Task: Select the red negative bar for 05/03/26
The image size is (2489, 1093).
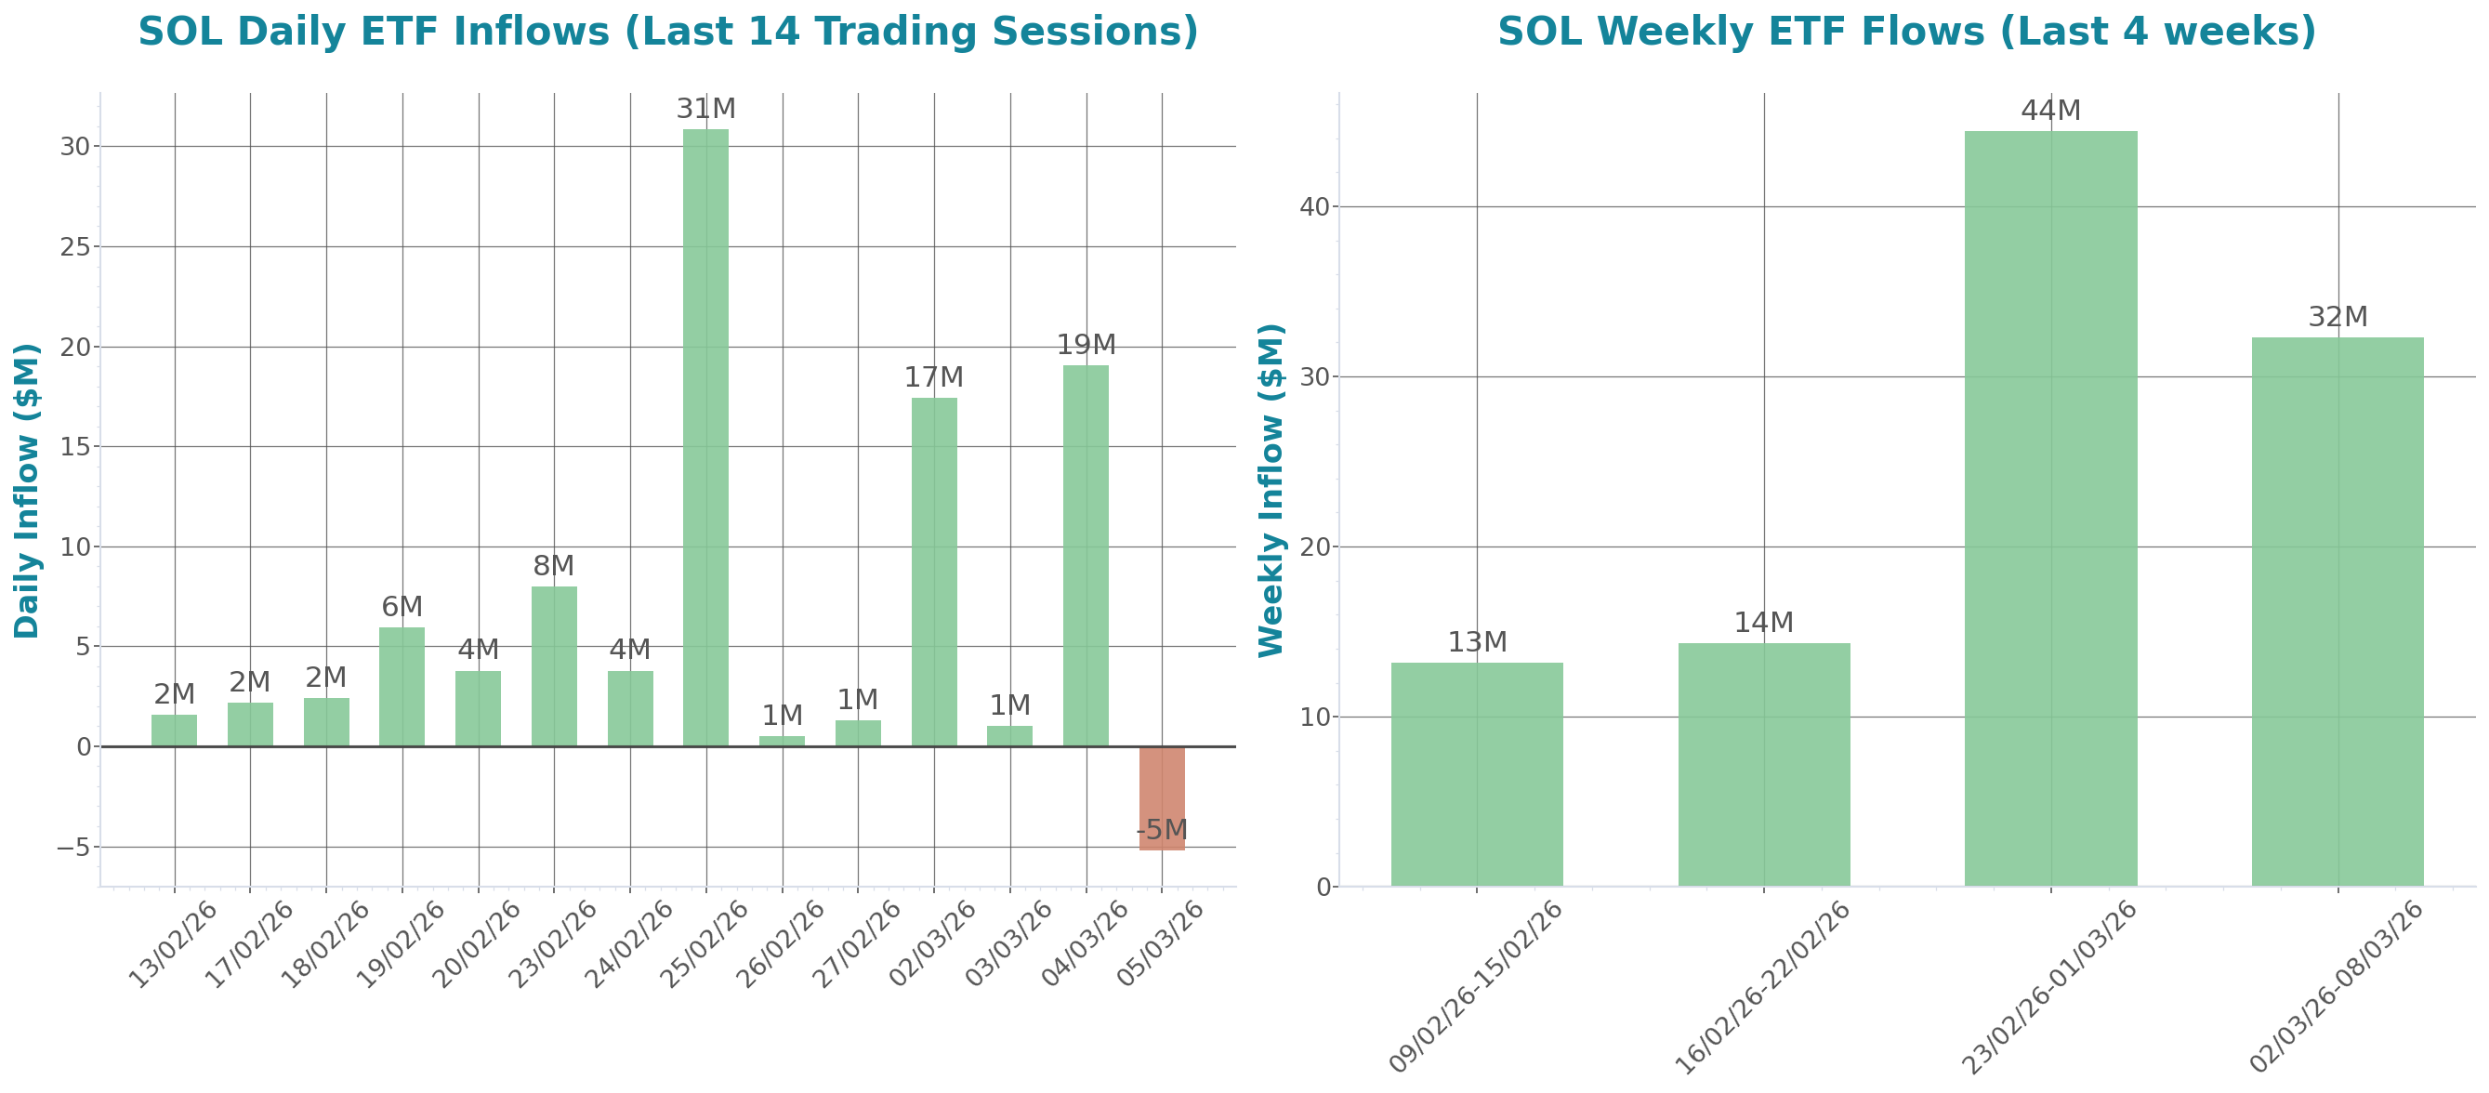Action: click(x=1162, y=798)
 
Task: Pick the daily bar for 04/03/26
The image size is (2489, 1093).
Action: click(x=1086, y=555)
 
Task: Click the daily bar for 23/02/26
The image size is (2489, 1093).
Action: click(x=554, y=665)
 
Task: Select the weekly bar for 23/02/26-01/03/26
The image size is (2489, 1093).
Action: click(x=2050, y=507)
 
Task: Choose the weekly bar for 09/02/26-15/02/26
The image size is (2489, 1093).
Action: click(x=1477, y=773)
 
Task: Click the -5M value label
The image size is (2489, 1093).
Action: click(x=1162, y=830)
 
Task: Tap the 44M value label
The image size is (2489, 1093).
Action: click(x=2050, y=112)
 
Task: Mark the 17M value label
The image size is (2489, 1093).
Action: click(x=933, y=378)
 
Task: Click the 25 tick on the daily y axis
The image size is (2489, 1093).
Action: click(x=74, y=247)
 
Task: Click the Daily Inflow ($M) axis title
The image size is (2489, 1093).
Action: click(x=27, y=491)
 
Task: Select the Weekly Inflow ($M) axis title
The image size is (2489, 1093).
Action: click(x=1271, y=491)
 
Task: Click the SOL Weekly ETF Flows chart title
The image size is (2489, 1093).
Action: click(x=1906, y=32)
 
